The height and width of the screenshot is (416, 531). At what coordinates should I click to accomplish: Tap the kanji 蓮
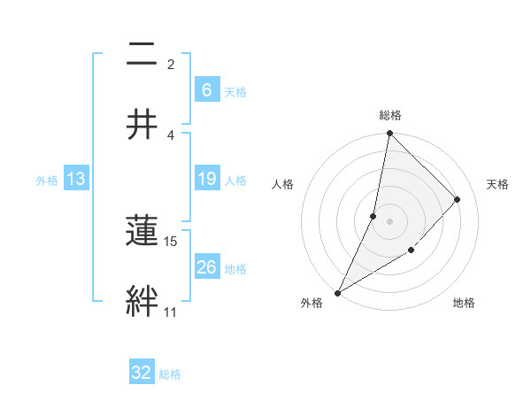[142, 231]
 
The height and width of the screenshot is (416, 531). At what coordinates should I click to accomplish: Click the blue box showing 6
[206, 90]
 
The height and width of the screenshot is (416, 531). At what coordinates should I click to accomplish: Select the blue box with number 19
[206, 179]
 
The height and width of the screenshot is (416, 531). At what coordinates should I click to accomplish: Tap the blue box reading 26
[206, 267]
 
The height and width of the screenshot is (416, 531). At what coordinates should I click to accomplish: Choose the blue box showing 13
[76, 179]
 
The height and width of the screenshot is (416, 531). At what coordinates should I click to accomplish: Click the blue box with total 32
[142, 373]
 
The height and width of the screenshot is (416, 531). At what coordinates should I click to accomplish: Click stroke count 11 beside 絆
[170, 312]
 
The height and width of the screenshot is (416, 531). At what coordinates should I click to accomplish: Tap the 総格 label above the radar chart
[389, 115]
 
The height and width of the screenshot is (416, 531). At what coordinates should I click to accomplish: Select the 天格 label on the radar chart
[497, 184]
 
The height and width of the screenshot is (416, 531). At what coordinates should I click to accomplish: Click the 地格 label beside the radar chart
[464, 303]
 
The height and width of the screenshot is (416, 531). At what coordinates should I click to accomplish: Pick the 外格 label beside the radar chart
[312, 303]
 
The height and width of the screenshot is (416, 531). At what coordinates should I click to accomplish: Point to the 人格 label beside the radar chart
[283, 184]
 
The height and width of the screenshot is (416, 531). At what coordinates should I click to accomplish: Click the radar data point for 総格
[389, 133]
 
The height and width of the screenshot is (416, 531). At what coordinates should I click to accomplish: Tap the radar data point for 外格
[337, 292]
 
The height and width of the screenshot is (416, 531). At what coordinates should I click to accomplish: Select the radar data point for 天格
[458, 199]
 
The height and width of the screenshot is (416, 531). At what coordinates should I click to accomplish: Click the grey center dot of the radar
[389, 221]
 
